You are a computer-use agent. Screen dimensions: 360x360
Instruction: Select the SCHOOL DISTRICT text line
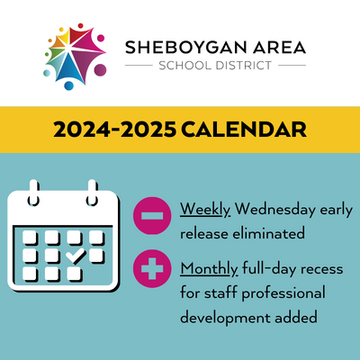click(x=216, y=66)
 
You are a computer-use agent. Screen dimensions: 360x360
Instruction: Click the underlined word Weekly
click(x=205, y=210)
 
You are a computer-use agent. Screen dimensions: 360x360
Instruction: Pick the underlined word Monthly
click(x=210, y=269)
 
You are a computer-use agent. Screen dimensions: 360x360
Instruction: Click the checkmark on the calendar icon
click(x=76, y=256)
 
